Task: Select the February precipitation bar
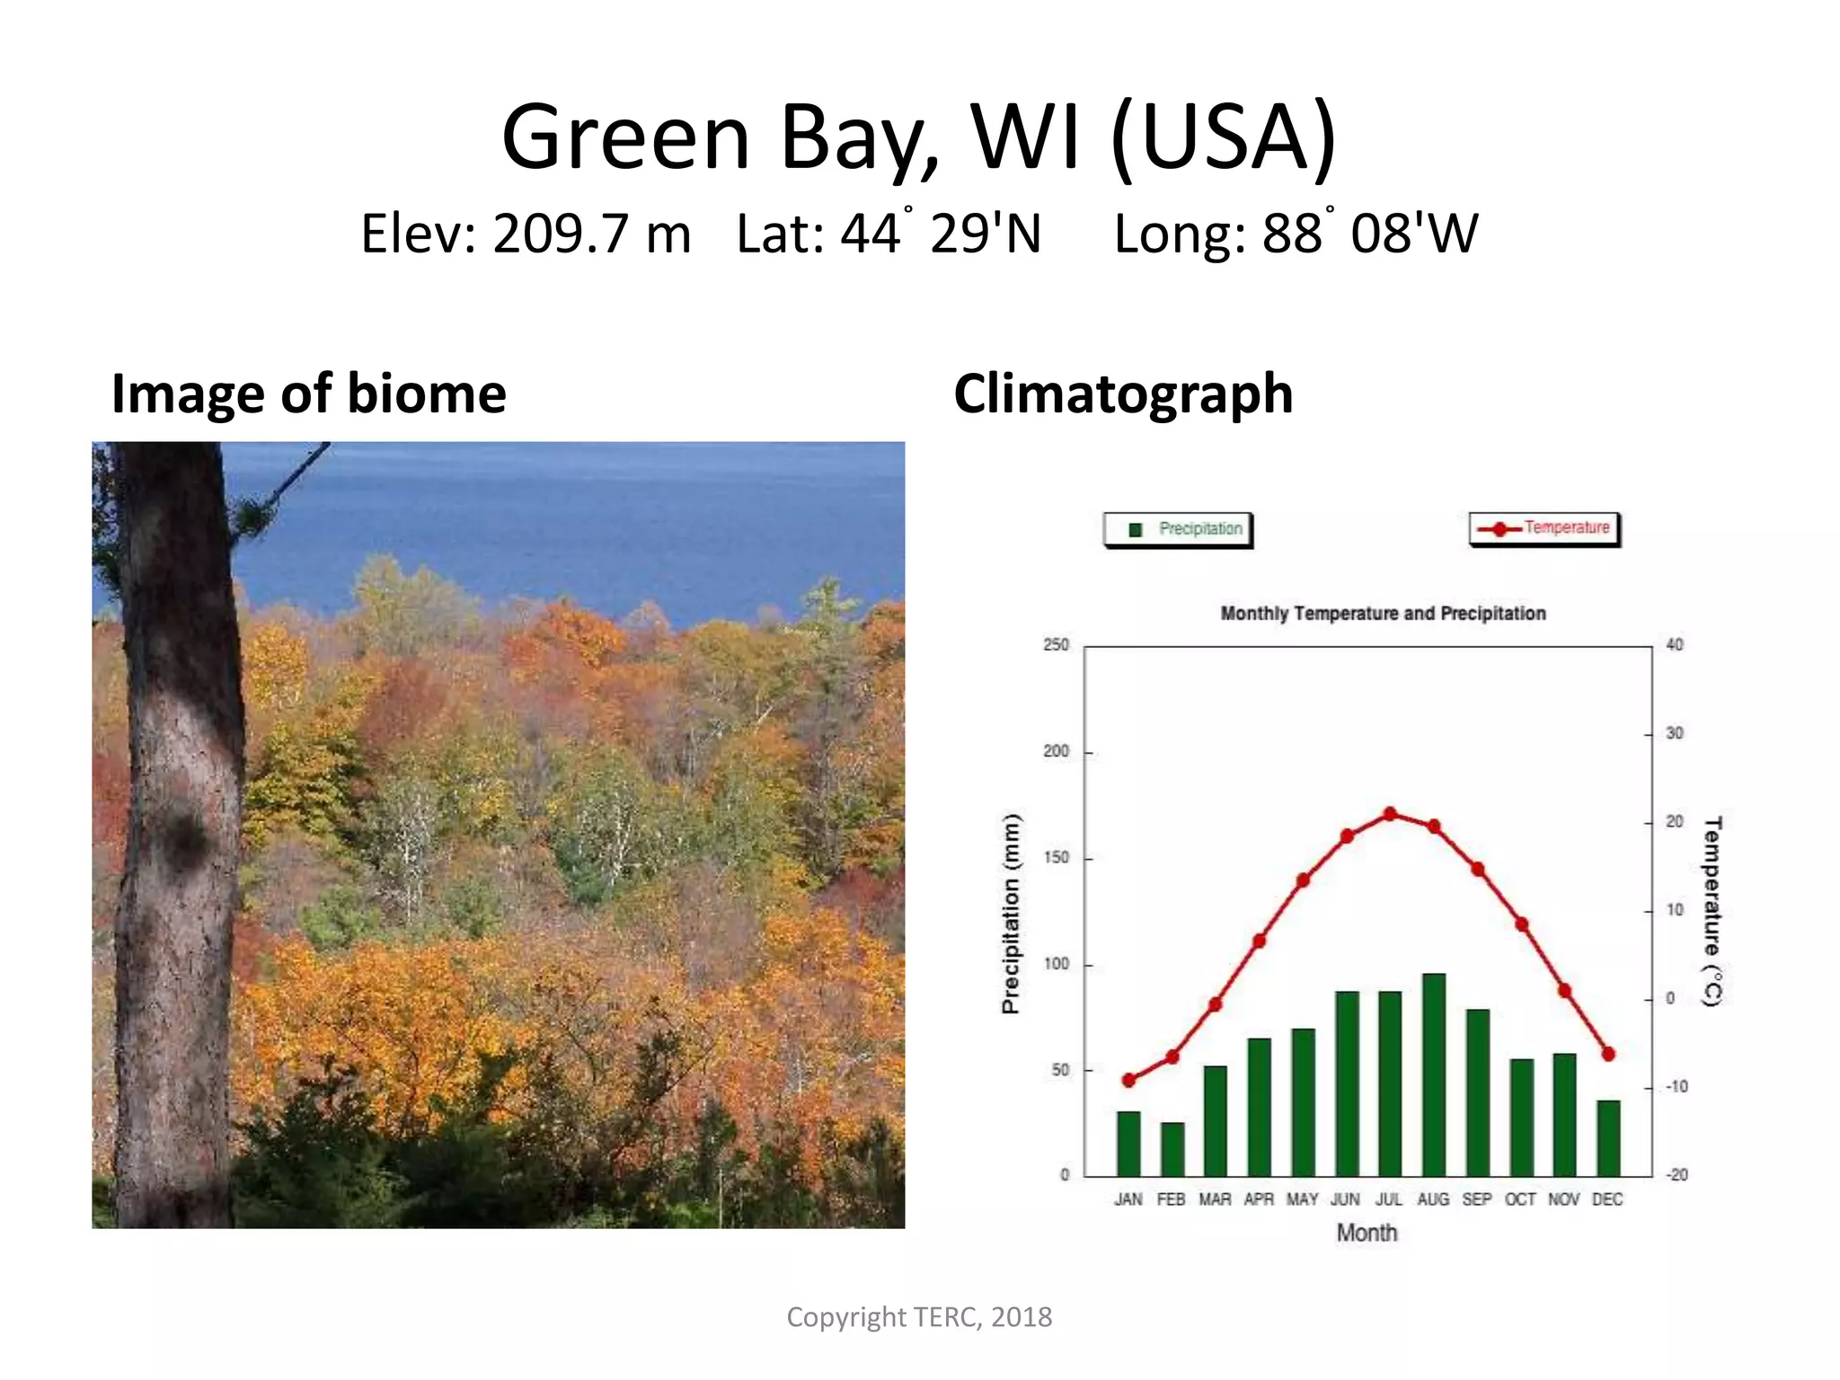(x=1172, y=1149)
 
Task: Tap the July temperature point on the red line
(x=1390, y=814)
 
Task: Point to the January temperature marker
(x=1129, y=1080)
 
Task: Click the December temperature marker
(x=1608, y=1054)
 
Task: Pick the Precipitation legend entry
(x=1178, y=529)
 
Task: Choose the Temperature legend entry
(x=1544, y=528)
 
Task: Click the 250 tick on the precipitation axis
(x=1057, y=645)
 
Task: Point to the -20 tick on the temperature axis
(x=1676, y=1175)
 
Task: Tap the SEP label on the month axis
(x=1476, y=1199)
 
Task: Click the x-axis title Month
(x=1367, y=1233)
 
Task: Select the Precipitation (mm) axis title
(x=1012, y=913)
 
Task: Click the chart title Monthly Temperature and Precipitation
(x=1383, y=614)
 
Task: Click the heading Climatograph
(x=1123, y=394)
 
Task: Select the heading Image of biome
(x=308, y=394)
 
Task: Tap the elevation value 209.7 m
(x=591, y=234)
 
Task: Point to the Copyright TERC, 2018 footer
(x=919, y=1317)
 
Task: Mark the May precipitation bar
(x=1303, y=1102)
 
